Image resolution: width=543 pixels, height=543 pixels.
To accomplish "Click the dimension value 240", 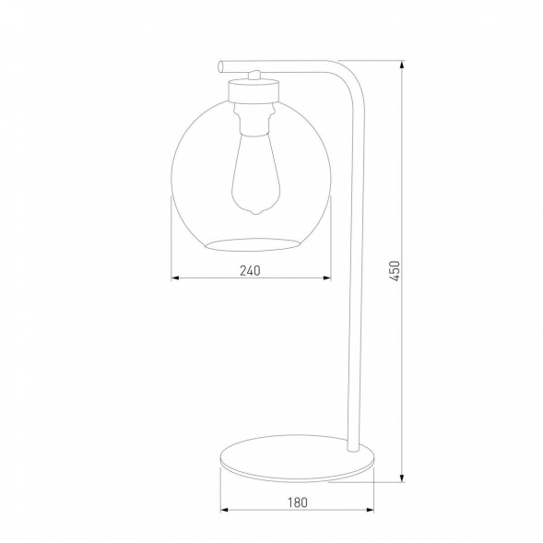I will pos(251,270).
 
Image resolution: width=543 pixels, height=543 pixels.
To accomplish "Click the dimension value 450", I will pos(394,272).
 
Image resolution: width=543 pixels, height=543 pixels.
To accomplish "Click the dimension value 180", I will pos(297,502).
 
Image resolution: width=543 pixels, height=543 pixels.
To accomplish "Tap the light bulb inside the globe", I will pos(252,175).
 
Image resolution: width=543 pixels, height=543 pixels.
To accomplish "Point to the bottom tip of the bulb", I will pos(252,215).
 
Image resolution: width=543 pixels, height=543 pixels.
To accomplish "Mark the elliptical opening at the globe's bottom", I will pos(252,243).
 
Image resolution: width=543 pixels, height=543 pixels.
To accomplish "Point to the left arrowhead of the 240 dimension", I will pos(176,278).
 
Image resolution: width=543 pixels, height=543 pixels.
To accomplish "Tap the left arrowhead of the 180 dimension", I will pos(222,511).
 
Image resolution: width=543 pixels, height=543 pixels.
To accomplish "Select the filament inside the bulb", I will pos(252,180).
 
